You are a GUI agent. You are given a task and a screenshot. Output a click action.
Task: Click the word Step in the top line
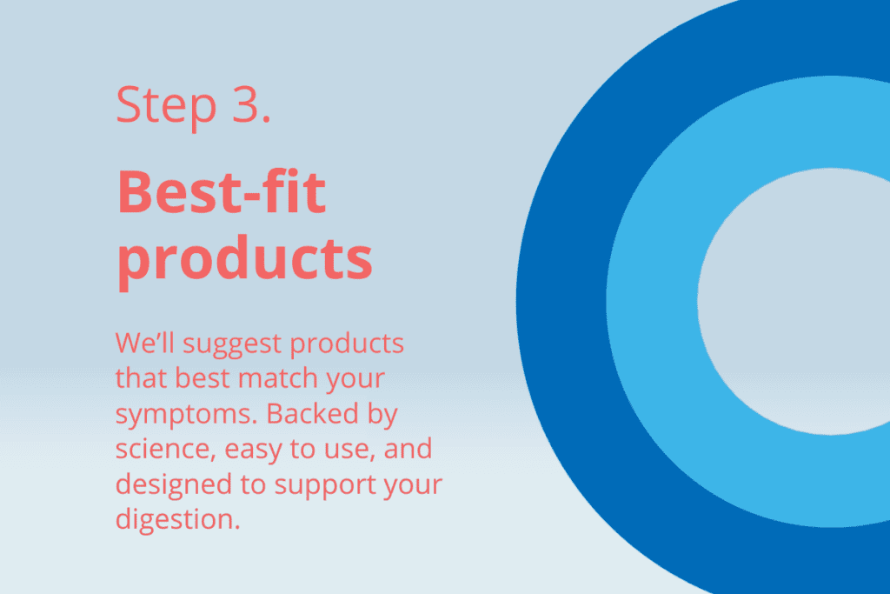click(x=166, y=105)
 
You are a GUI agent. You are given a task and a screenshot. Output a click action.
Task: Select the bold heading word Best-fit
click(x=222, y=192)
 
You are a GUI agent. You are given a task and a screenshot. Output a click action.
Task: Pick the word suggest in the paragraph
click(x=232, y=345)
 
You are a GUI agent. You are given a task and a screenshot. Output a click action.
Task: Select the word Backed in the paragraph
click(x=312, y=413)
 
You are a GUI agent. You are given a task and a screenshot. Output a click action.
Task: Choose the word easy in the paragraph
click(x=253, y=451)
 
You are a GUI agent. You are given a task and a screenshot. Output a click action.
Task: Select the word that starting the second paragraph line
click(x=141, y=378)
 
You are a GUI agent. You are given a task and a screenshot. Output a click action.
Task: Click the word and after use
click(x=408, y=449)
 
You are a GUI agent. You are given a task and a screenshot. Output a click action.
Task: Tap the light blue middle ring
click(x=652, y=301)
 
